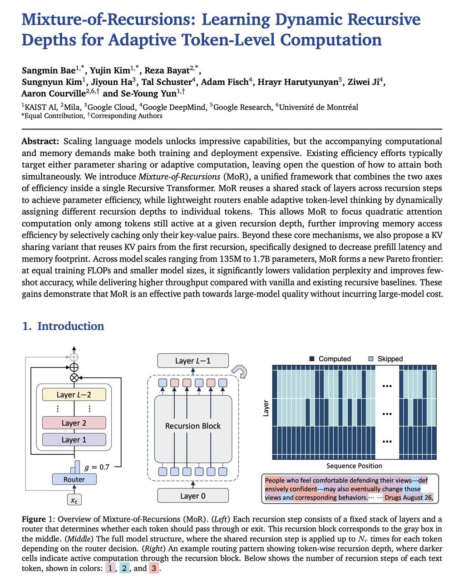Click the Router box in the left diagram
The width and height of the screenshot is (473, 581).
tap(74, 479)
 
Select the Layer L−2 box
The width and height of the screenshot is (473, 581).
tap(74, 394)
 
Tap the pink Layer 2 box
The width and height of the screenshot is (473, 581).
tap(74, 423)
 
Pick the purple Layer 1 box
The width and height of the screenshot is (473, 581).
tap(74, 440)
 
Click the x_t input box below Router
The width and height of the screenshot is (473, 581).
tap(74, 500)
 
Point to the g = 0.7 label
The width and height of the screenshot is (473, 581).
tap(97, 467)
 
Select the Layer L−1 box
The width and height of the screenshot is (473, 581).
tap(193, 361)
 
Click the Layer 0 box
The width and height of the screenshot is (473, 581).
tap(193, 496)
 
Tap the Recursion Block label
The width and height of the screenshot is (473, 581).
tap(193, 426)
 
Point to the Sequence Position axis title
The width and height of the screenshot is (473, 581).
tap(354, 466)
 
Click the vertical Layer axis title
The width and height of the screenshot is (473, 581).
tap(266, 408)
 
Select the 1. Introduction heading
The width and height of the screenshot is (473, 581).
tap(63, 326)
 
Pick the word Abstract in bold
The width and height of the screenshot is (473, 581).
tap(40, 141)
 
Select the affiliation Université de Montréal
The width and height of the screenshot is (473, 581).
tap(319, 107)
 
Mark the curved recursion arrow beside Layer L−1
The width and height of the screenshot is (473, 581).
tap(241, 372)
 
